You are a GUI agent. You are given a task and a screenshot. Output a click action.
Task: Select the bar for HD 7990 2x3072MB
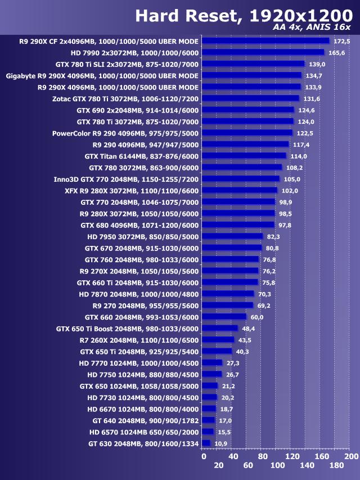(x=263, y=52)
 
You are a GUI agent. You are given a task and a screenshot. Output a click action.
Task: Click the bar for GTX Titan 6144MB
(x=244, y=156)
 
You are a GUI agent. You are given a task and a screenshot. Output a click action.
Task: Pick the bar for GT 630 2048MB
(x=205, y=443)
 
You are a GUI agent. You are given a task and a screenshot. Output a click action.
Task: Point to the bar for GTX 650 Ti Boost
(x=219, y=328)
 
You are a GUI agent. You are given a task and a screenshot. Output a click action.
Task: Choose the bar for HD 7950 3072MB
(x=232, y=236)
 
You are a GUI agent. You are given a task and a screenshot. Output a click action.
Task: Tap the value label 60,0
(x=257, y=317)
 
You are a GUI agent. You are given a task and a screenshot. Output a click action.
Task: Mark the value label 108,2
(x=294, y=168)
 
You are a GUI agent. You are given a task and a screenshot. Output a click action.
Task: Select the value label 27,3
(x=233, y=363)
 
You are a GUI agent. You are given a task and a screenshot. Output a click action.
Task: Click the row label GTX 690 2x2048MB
(x=138, y=110)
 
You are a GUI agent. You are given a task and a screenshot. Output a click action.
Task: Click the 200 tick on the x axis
(x=351, y=456)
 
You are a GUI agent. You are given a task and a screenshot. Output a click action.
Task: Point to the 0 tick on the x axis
(x=204, y=456)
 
